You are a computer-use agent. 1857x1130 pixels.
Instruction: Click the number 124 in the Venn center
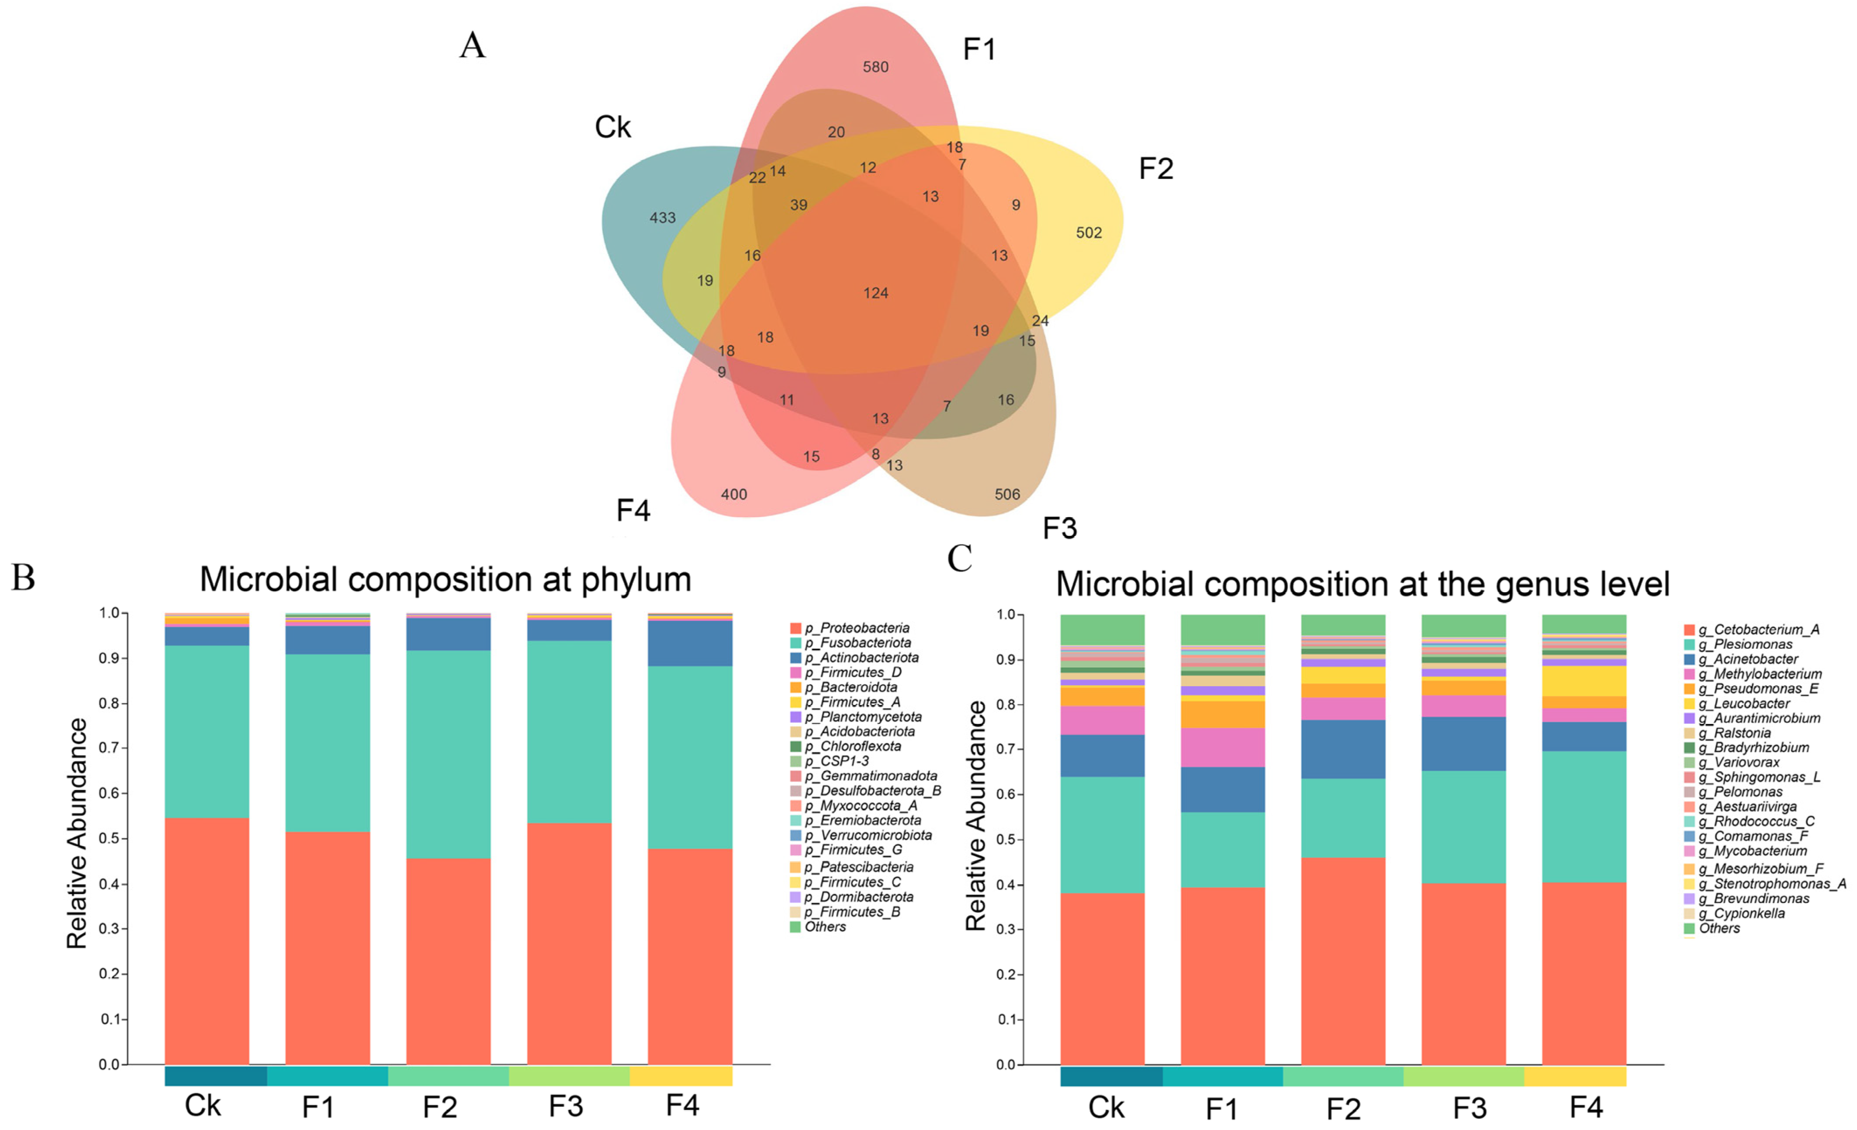pos(876,293)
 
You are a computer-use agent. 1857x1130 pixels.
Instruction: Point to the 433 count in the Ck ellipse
pos(662,218)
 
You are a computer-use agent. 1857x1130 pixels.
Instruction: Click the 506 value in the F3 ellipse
pos(1007,495)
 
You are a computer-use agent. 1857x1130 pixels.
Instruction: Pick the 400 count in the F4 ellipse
pos(733,495)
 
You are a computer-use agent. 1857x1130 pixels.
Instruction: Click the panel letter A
pos(473,45)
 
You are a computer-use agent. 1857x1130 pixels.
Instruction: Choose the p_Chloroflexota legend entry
pos(852,746)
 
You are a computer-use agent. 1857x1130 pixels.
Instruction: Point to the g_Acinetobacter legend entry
pos(1747,659)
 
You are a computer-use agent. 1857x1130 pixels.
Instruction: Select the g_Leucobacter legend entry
pos(1743,704)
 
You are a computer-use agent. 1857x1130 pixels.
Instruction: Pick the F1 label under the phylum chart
pos(318,1107)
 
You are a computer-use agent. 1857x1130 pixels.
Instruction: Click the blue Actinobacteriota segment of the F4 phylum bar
pos(690,643)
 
